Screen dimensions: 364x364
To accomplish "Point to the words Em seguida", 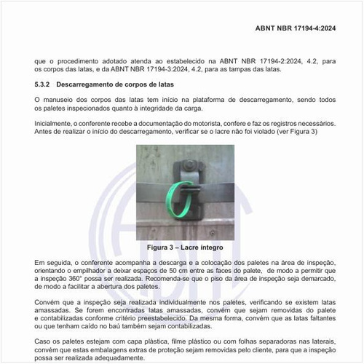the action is [52, 261].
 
